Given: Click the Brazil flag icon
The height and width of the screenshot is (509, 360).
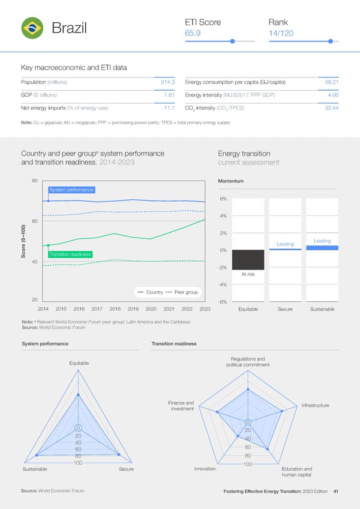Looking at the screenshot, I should click(x=31, y=28).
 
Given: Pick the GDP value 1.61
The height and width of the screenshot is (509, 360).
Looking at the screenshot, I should click(x=169, y=95).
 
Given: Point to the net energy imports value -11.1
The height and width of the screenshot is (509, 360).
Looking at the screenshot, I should click(x=167, y=108).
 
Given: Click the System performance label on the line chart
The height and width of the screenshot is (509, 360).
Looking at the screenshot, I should click(x=71, y=190).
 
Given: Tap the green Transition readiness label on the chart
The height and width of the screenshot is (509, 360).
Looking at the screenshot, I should click(x=70, y=254).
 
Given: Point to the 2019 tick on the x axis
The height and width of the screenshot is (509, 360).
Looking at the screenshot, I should click(x=133, y=309).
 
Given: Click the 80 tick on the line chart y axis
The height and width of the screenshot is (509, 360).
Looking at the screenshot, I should click(x=35, y=180).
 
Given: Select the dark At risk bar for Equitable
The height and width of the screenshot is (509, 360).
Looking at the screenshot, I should click(x=248, y=259).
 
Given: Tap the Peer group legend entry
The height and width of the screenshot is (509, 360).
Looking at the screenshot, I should click(x=186, y=292).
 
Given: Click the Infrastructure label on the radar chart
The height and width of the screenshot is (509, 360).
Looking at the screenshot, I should click(x=314, y=406).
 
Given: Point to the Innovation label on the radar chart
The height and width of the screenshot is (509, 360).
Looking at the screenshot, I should click(x=205, y=469).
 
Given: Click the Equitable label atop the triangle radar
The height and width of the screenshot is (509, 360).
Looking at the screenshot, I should click(x=79, y=363).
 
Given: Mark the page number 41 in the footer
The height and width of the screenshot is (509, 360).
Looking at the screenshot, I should click(x=336, y=492).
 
